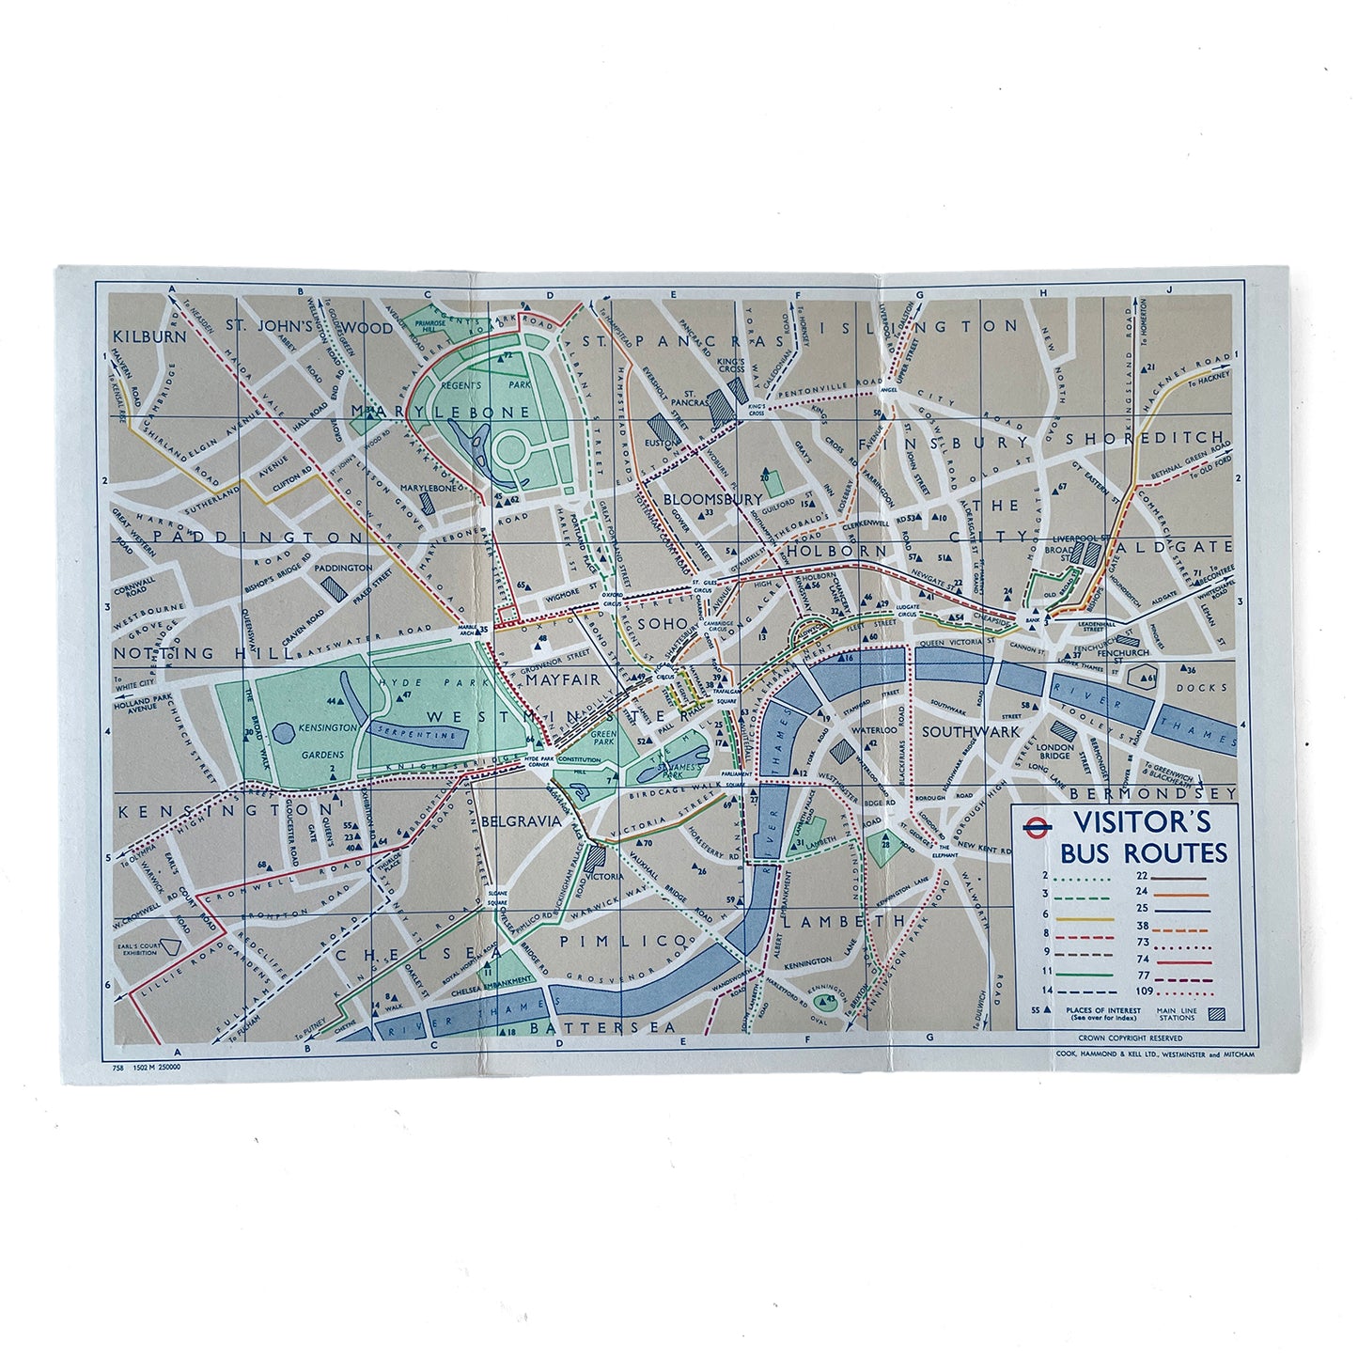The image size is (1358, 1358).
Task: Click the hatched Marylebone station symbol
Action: point(429,502)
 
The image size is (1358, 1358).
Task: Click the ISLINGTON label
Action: point(923,326)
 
